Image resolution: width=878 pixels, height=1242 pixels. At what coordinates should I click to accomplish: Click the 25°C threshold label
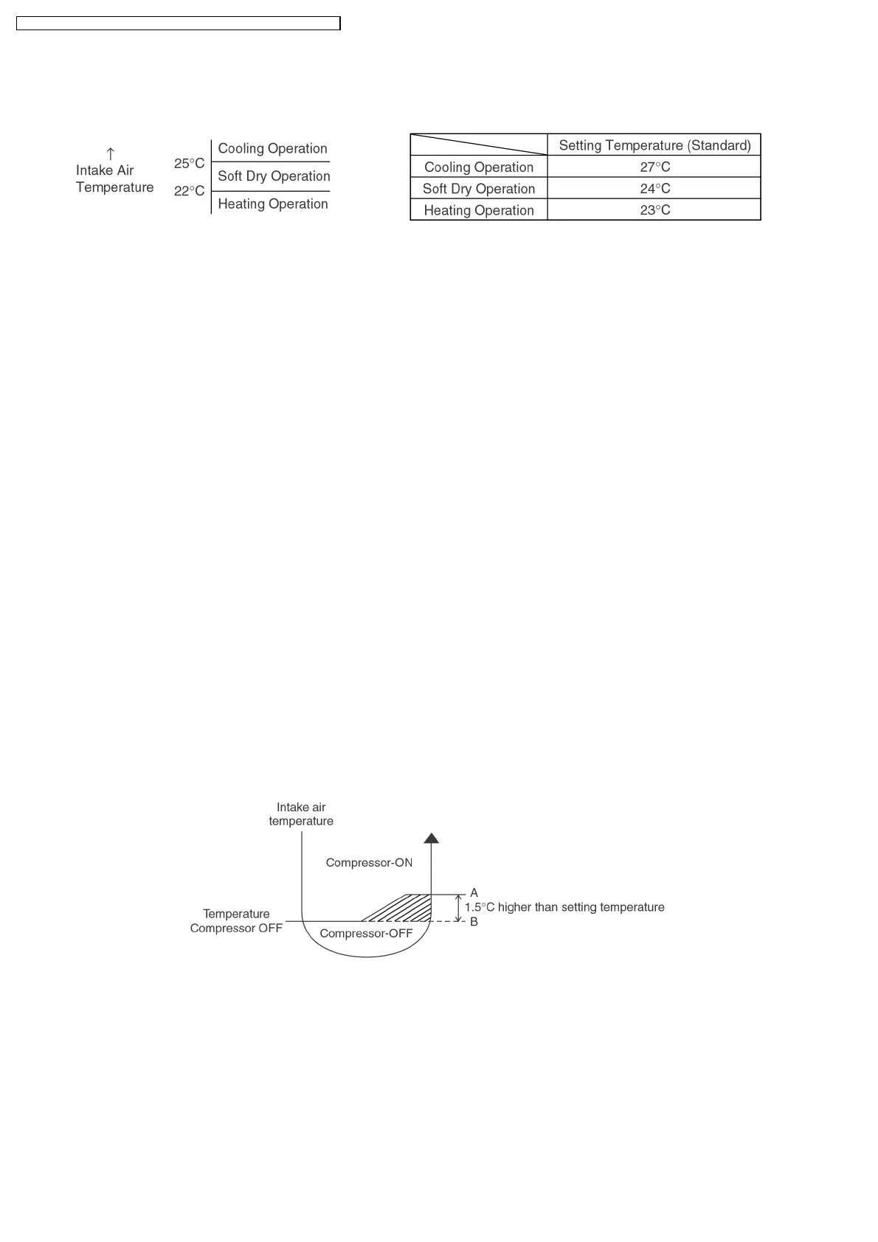pos(189,164)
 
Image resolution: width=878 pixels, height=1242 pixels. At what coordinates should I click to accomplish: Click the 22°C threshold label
pos(189,191)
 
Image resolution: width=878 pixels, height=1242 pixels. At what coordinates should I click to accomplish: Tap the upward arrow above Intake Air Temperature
pos(110,153)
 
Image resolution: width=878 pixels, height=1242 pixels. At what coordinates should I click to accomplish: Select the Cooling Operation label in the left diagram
pos(272,148)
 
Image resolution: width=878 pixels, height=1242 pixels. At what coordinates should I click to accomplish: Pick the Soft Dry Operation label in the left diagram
pos(274,176)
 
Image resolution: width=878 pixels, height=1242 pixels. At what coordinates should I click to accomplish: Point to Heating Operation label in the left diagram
pos(272,204)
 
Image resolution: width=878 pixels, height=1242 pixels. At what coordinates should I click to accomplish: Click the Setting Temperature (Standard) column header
pos(654,145)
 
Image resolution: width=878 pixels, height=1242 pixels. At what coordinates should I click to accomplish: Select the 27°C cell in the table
pos(654,167)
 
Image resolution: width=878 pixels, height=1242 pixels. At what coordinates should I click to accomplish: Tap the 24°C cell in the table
pos(654,188)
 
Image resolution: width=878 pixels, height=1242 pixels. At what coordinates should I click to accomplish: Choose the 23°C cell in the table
pos(654,210)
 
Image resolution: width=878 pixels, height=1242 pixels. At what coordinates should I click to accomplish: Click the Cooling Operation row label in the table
pos(479,167)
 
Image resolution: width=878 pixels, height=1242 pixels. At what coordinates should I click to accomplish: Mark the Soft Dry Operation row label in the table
pos(479,189)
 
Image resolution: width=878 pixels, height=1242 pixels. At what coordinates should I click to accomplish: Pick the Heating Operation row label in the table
pos(479,210)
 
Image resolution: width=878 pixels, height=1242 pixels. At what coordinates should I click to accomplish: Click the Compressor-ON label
pos(369,863)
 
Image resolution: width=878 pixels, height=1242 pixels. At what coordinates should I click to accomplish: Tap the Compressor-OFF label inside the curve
pos(366,934)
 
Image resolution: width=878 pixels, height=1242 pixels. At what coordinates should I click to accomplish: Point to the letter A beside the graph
pos(474,893)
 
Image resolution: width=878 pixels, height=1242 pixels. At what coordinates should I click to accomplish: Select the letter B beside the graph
pos(474,922)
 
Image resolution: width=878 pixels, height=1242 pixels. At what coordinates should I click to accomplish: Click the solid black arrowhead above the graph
pos(431,838)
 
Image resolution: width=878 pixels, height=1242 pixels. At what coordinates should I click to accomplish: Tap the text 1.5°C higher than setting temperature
pos(564,907)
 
